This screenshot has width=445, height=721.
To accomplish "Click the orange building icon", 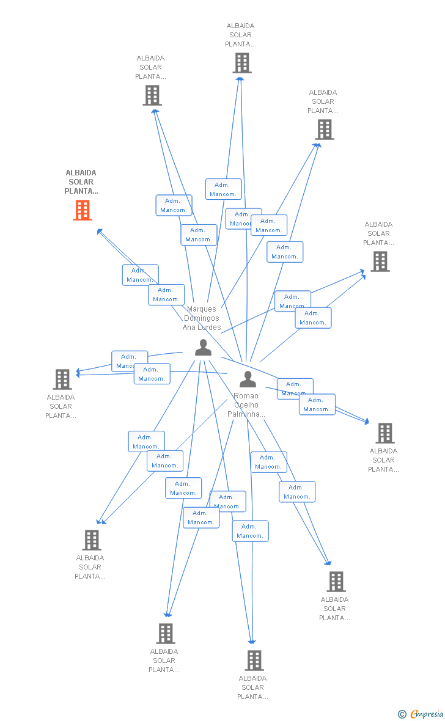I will pos(83,210).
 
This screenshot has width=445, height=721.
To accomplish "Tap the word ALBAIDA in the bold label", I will pos(81,173).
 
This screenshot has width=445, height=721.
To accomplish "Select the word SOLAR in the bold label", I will pos(81,182).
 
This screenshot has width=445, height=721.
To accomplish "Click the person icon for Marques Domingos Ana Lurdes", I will pos(203,348).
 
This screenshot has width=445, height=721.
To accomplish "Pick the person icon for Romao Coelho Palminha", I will pos(248,379).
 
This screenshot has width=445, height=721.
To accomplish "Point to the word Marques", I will pos(202,309).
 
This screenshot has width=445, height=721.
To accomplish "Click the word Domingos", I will pos(202,318).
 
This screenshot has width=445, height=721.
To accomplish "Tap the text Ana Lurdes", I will pos(202,328).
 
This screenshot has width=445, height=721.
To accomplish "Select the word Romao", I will pos(246,396).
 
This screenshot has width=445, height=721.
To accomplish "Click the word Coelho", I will pos(246,405).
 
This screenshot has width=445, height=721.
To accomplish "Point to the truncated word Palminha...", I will pos(246,414).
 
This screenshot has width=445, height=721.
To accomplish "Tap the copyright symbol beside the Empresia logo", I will pos(402,714).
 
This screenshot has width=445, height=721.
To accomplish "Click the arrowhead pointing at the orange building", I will pos(99,231).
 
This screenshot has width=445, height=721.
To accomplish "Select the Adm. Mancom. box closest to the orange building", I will pos(140,275).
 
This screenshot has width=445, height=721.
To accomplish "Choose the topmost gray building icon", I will pos(241,62).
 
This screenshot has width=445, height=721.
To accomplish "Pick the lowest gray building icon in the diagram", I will pos(254,660).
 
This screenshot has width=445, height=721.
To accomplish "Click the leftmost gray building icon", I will pos(62,379).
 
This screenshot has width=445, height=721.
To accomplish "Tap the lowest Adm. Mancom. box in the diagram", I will pos(250,531).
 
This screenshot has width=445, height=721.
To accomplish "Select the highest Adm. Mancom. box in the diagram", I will pos(223,189).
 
